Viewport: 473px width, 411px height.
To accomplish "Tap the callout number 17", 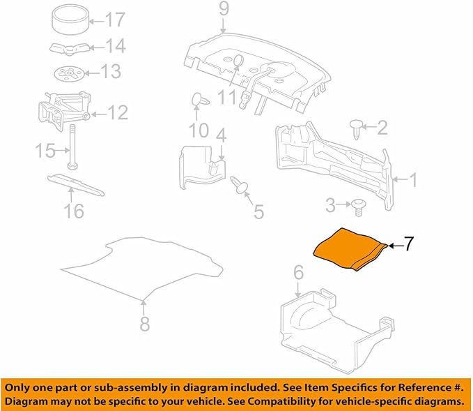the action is (115, 20).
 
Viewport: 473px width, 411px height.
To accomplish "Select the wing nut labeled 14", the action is (70, 49).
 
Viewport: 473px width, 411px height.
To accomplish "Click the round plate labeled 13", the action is (69, 73).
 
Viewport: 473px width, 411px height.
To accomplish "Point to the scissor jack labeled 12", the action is (64, 111).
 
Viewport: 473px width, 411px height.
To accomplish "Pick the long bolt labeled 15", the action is (72, 147).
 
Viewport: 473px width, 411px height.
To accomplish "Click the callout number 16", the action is (74, 210).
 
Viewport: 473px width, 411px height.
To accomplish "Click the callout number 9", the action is (224, 9).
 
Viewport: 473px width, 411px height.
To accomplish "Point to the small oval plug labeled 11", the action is (238, 60).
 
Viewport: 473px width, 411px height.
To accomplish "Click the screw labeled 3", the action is (358, 207).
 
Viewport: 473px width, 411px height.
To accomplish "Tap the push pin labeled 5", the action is (240, 185).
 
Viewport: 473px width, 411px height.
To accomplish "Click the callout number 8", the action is (145, 324).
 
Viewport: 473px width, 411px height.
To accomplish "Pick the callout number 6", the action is (298, 273).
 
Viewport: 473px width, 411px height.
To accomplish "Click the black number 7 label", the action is (408, 244).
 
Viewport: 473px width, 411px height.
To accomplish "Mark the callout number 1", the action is (414, 180).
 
